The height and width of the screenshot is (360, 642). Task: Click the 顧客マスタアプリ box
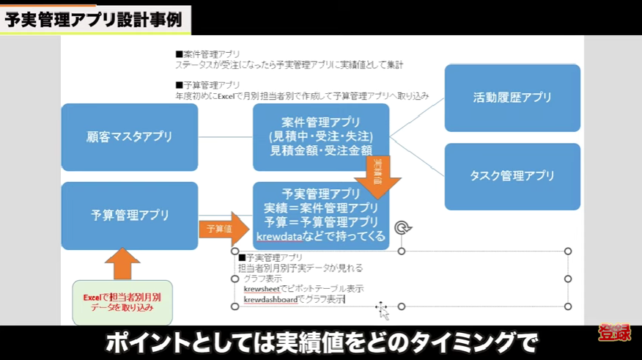point(129,136)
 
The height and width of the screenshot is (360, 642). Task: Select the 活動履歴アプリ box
point(512,97)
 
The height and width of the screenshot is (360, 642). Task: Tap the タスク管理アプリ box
point(512,175)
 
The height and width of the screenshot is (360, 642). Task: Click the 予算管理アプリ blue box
point(129,215)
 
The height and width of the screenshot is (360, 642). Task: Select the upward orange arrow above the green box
point(122,262)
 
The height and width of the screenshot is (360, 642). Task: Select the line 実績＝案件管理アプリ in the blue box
point(320,207)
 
